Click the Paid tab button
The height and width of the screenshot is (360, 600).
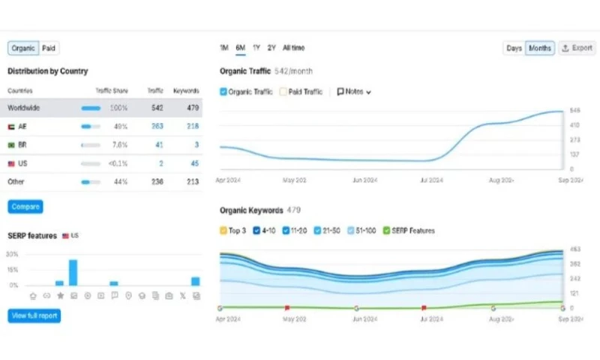point(49,48)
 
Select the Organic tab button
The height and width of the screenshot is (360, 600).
point(23,48)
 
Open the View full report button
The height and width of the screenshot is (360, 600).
point(34,316)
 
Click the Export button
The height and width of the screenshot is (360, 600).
point(577,48)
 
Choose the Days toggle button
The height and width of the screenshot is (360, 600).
point(514,48)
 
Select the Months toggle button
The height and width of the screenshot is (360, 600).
point(539,48)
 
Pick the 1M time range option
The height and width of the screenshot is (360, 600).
point(224,48)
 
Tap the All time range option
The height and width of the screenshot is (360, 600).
point(293,48)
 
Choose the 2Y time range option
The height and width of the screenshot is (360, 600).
point(271,48)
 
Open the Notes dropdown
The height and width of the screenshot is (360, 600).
point(354,91)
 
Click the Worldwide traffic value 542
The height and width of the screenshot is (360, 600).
point(156,108)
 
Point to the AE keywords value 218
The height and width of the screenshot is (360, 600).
point(192,126)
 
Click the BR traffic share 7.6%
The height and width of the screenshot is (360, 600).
point(119,144)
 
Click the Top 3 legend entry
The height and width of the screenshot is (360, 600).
point(232,230)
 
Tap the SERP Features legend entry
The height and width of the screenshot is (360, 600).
point(409,230)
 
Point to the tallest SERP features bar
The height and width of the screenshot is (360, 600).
point(73,272)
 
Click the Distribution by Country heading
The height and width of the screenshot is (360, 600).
point(47,71)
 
